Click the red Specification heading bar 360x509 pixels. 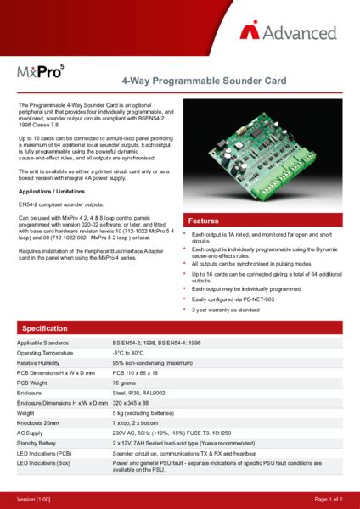180,327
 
